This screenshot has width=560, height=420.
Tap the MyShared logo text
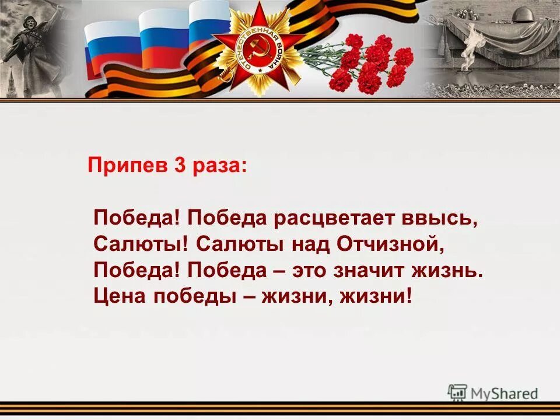(x=505, y=393)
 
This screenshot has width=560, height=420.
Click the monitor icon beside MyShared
(x=457, y=393)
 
